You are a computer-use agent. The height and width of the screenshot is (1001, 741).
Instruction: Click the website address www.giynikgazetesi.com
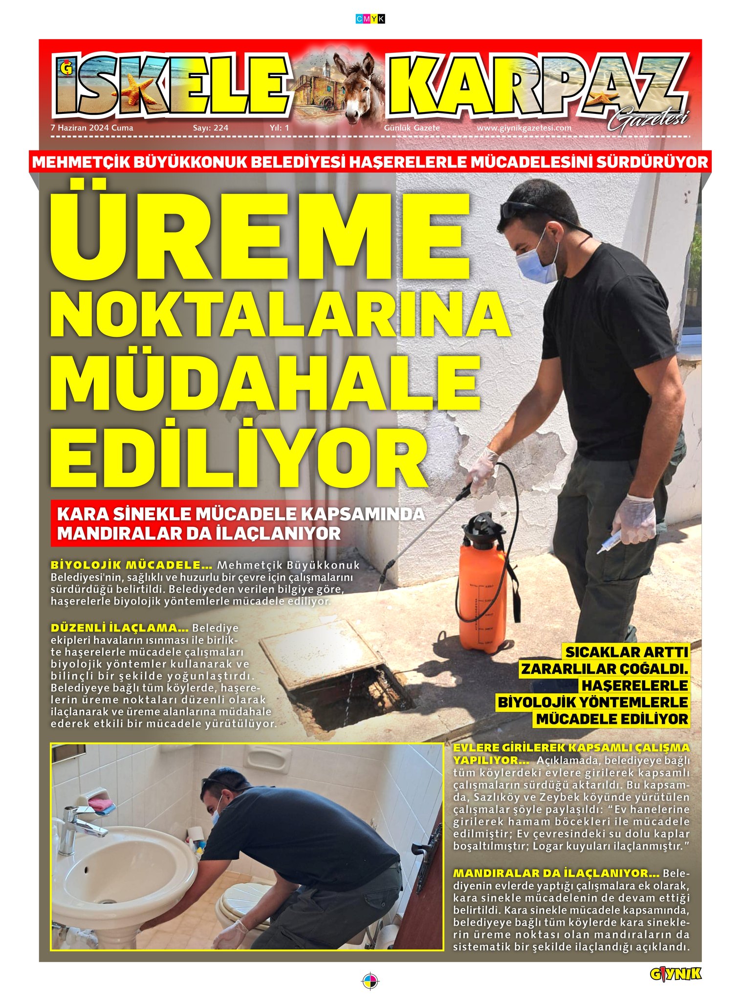524,128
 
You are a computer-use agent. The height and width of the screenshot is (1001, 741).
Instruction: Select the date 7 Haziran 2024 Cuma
92,128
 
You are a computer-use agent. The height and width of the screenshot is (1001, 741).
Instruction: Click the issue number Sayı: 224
211,128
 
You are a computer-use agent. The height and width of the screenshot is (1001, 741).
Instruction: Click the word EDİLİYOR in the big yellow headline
240,457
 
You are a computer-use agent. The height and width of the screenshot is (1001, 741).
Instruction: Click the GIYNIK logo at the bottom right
675,974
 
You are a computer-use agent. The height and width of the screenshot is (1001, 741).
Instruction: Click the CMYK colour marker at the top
370,19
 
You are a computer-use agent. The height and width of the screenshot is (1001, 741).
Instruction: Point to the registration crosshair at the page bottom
370,980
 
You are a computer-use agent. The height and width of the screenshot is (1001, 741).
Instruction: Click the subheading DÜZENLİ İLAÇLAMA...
120,628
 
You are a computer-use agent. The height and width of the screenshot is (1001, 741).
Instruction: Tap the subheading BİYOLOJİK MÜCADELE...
131,565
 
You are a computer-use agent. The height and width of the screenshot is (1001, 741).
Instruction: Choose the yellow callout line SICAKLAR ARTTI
626,652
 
